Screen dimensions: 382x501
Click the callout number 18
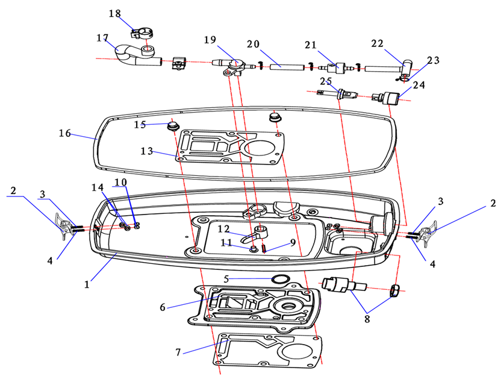click(114, 13)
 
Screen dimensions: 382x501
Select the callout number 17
click(102, 37)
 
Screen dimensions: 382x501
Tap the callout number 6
click(162, 308)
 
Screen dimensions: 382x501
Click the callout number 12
click(223, 229)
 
